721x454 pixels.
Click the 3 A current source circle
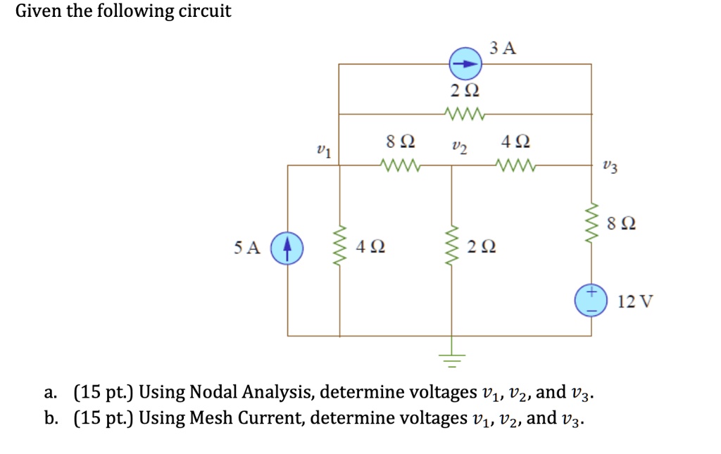click(465, 64)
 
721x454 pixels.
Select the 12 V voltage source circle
click(591, 300)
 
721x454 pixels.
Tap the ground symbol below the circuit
click(451, 360)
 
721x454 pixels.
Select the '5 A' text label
click(247, 248)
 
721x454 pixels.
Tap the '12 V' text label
click(635, 301)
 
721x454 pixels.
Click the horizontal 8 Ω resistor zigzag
click(400, 166)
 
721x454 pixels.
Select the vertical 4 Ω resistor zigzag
click(341, 248)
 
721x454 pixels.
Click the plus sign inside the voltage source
click(592, 291)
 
